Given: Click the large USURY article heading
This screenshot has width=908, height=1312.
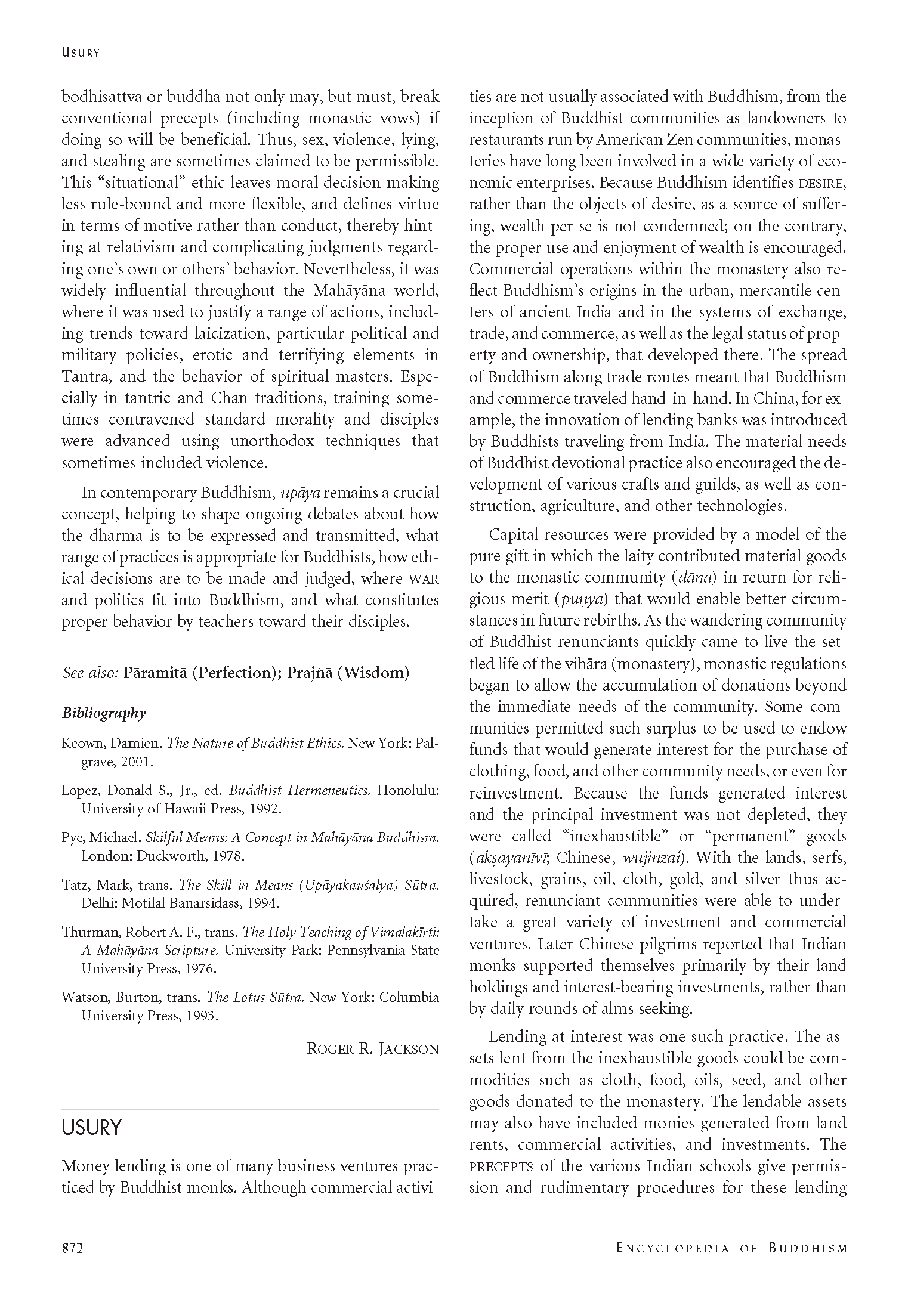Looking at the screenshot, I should pos(91,1128).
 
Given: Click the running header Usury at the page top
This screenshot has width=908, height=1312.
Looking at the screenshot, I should pos(80,52).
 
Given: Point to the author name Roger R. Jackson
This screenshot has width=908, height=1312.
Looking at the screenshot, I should pos(373,1049).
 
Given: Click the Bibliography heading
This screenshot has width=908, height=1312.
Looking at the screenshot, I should pos(104,713).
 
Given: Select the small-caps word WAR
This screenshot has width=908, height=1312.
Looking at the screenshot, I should pos(423,579).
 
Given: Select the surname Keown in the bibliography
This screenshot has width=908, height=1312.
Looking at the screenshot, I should pos(80,744).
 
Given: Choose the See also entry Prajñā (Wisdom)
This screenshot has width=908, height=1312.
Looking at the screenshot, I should pos(348,673).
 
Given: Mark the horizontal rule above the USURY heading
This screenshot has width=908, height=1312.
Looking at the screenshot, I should pos(250,1109).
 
